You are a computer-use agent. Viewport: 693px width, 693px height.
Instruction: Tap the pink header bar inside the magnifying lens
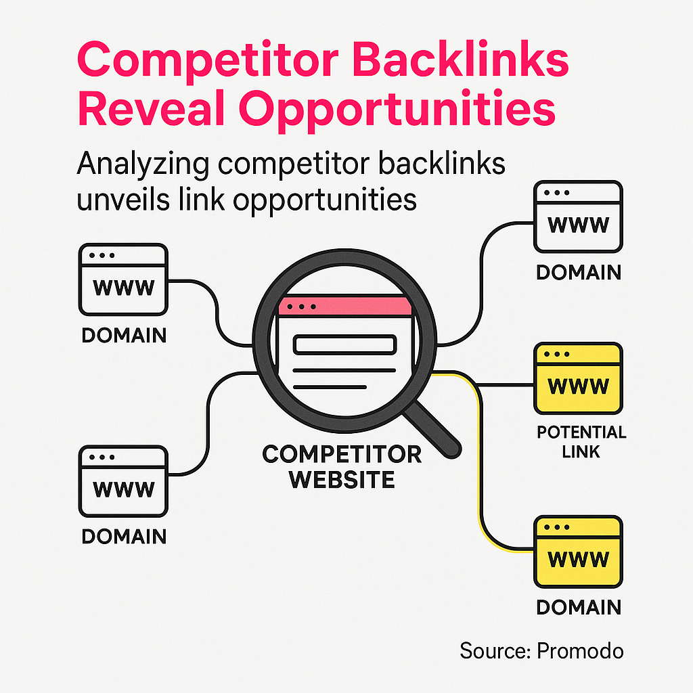[345, 307]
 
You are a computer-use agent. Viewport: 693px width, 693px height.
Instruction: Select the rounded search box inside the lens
[344, 344]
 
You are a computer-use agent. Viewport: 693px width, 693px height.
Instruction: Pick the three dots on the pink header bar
[301, 307]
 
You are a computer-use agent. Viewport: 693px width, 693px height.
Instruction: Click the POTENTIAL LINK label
[581, 441]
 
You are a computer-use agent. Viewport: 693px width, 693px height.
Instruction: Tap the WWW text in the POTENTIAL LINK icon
[577, 386]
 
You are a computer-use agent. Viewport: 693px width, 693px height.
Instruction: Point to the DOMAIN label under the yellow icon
[578, 607]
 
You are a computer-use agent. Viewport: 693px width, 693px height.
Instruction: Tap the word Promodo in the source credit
[580, 650]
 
